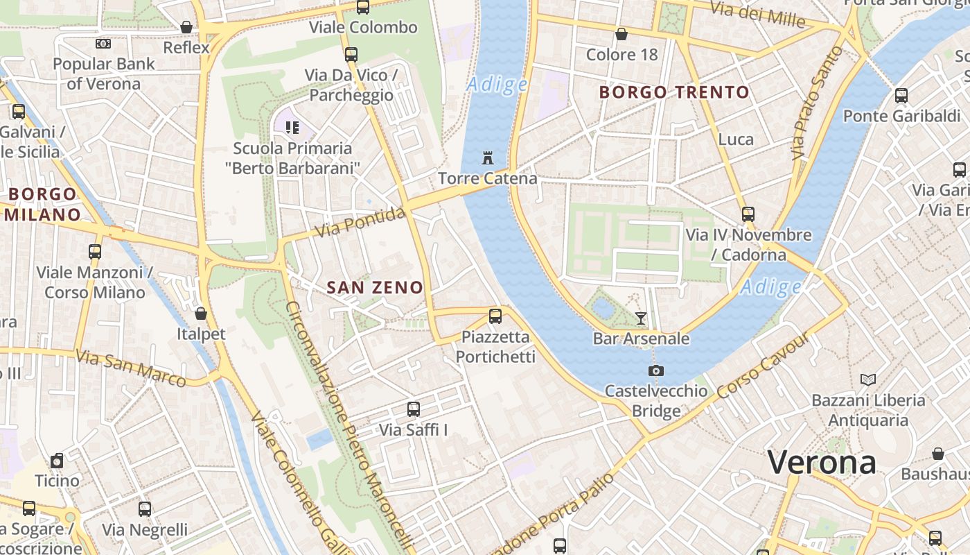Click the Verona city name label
point(822,462)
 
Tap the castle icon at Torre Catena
point(488,157)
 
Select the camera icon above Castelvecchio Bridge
point(655,370)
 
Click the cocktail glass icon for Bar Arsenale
point(641,318)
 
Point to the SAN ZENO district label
point(375,287)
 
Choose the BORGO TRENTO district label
point(674,92)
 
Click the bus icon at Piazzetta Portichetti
point(495,316)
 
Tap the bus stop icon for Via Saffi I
point(414,409)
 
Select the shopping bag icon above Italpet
point(201,314)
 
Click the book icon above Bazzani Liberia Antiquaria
point(868,379)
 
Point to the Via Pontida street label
point(360,222)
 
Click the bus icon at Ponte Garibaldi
point(901,96)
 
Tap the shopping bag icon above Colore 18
point(621,34)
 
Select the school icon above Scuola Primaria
point(292,127)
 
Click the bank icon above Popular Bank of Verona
point(103,44)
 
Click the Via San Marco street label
point(131,368)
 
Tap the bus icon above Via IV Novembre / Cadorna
point(748,214)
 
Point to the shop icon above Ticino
point(58,461)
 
